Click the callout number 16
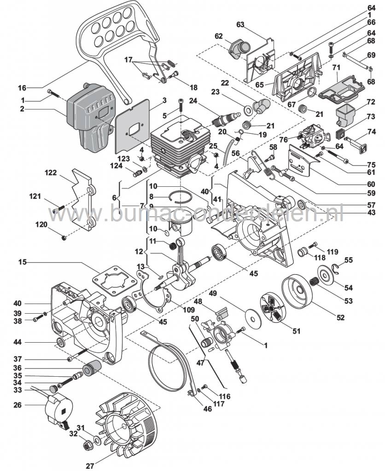22,87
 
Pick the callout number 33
17,389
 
